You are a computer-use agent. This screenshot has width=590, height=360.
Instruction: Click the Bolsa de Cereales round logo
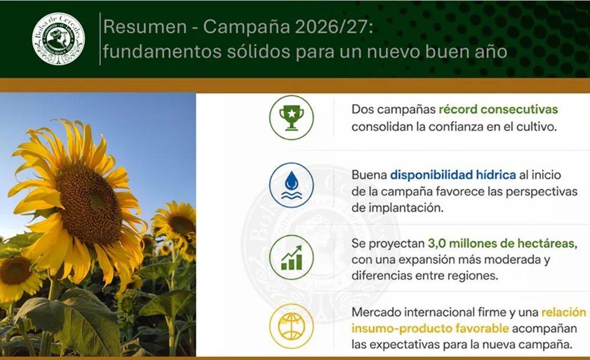click(x=58, y=39)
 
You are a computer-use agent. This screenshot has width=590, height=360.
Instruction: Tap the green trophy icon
click(x=291, y=117)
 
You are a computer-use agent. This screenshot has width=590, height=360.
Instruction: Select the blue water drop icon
click(x=291, y=185)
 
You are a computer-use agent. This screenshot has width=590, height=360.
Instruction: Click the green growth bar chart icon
click(x=291, y=257)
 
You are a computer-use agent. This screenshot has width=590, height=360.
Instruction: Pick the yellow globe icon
click(x=291, y=326)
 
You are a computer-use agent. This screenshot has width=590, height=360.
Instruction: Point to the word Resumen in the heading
click(x=145, y=27)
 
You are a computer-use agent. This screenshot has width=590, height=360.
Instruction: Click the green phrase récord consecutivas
click(x=498, y=109)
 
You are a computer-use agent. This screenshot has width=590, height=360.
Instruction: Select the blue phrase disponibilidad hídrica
click(x=453, y=175)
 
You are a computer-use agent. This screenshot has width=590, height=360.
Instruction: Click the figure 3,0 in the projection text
click(x=437, y=243)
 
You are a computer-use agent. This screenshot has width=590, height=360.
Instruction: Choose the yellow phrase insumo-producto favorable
click(x=430, y=328)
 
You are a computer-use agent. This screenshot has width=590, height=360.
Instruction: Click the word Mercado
click(x=376, y=312)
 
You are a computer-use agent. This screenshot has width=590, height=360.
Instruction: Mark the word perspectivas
click(x=542, y=192)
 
